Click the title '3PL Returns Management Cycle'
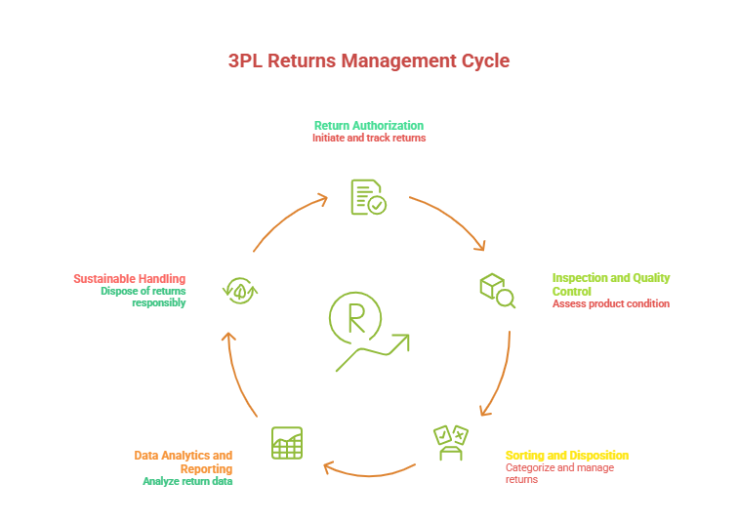coord(369,60)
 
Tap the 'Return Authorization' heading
coord(368,126)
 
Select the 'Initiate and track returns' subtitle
coord(368,139)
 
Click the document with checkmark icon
coord(368,196)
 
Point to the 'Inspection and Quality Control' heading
coord(610,284)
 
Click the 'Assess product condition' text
coord(610,303)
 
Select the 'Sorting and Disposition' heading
coord(566,456)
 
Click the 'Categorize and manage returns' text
coord(559,473)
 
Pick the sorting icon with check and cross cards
coord(451,442)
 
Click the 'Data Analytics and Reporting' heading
coord(184,462)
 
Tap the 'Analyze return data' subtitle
coord(187,481)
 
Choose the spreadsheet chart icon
coord(287,443)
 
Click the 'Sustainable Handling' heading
coord(129,278)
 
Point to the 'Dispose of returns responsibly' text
coord(143,297)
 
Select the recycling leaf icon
coord(239,289)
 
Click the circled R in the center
coord(354,317)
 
